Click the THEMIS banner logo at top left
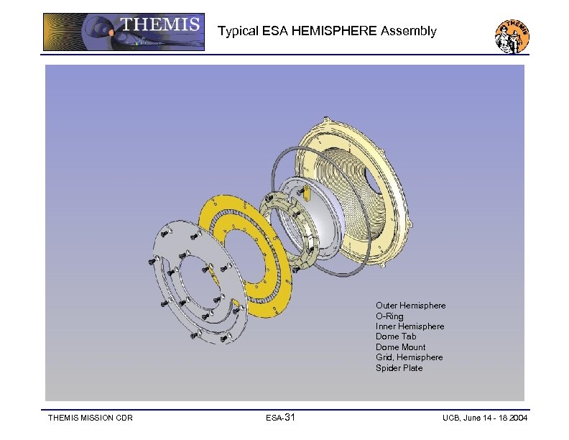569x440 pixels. (x=124, y=32)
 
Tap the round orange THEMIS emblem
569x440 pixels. (x=512, y=36)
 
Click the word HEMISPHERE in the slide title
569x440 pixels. (x=334, y=31)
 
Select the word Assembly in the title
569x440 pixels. (x=408, y=31)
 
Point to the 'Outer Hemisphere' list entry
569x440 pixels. (x=410, y=306)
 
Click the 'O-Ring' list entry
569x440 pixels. (x=389, y=316)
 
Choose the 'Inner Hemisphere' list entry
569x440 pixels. (x=410, y=326)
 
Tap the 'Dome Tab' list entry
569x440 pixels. (x=396, y=336)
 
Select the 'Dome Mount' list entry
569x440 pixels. (x=400, y=347)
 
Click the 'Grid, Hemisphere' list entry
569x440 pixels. (x=409, y=357)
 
